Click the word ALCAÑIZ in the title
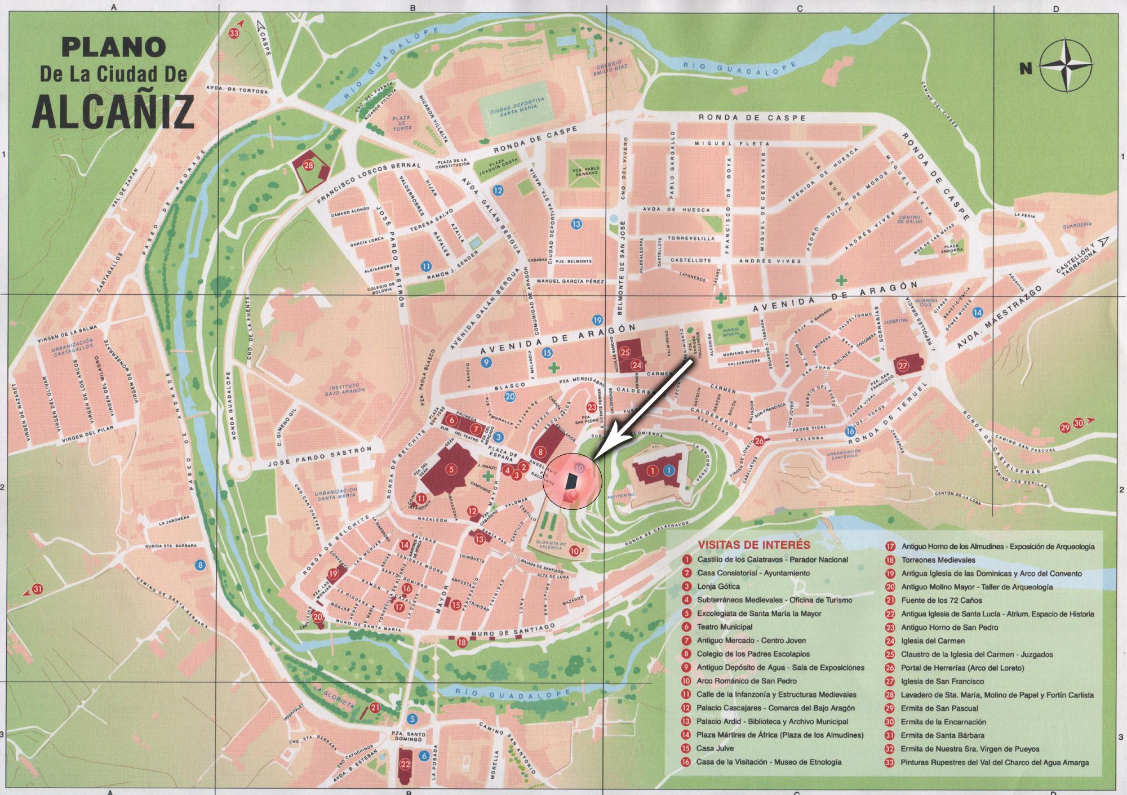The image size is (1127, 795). tap(113, 111)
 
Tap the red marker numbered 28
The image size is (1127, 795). tap(308, 165)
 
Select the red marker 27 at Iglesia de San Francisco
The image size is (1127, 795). tap(903, 366)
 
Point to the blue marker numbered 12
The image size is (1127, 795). tap(498, 190)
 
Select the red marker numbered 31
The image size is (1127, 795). tap(38, 589)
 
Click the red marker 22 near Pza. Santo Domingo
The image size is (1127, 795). tap(405, 765)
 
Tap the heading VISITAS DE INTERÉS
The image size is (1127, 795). tap(753, 545)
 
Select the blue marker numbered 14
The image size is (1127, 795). tap(978, 312)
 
